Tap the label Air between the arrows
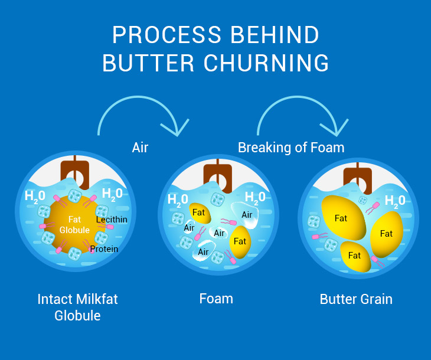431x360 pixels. tap(140, 147)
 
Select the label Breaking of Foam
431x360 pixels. tap(290, 147)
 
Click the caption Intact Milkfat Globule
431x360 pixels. tap(77, 307)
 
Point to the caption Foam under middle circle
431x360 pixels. tap(216, 299)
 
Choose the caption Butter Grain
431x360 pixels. tap(356, 299)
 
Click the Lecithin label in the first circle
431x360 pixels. tap(112, 220)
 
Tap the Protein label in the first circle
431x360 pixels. tap(104, 249)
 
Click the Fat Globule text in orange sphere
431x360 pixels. tap(74, 225)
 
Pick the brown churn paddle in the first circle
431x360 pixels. tap(74, 172)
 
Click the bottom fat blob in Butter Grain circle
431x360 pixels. tap(355, 255)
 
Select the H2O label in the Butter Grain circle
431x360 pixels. tap(395, 201)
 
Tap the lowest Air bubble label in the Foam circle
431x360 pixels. tap(204, 252)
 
